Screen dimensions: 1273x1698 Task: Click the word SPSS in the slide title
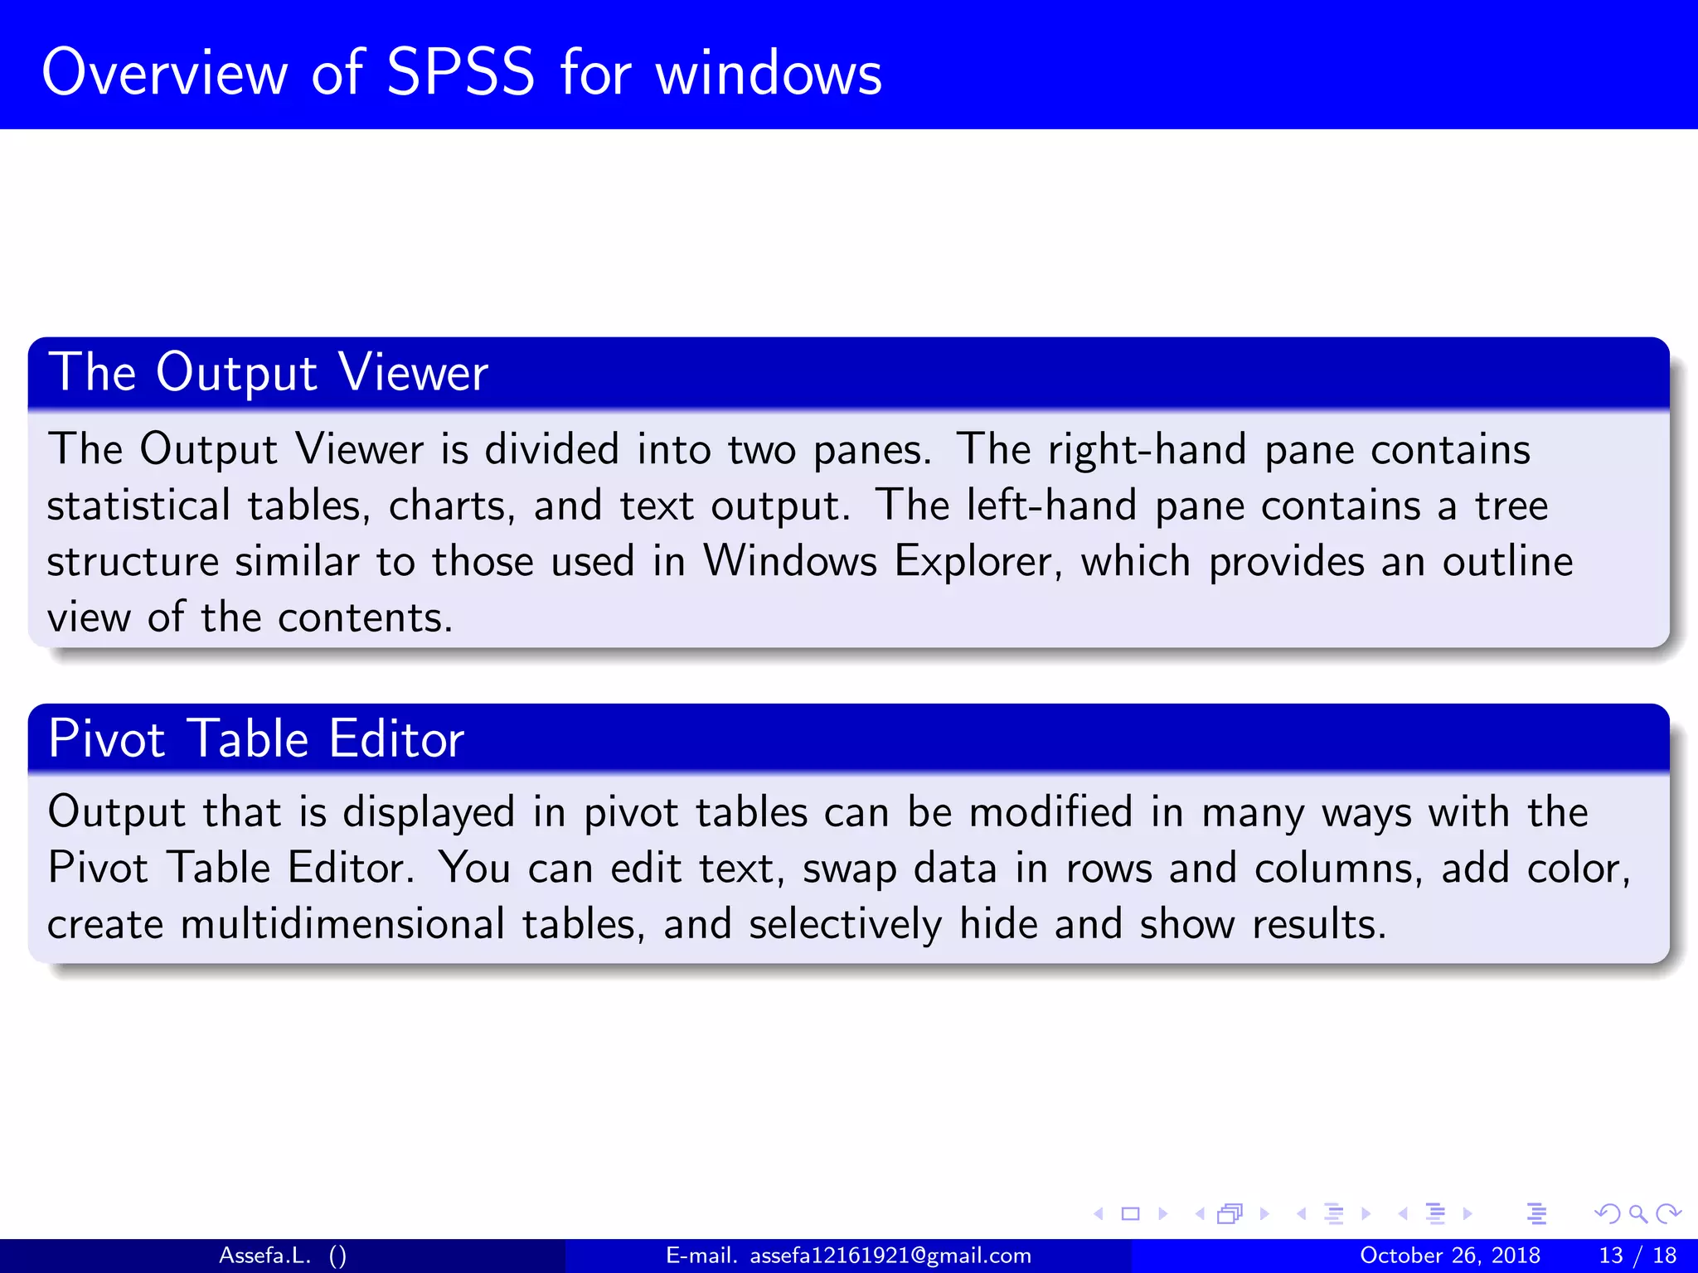[x=460, y=73]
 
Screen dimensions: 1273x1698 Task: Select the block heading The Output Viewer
[x=268, y=372]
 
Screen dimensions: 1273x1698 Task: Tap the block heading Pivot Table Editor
[x=255, y=738]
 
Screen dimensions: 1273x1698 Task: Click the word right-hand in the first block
[x=1147, y=450]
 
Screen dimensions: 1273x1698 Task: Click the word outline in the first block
[x=1507, y=562]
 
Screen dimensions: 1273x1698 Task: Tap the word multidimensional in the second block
[x=342, y=924]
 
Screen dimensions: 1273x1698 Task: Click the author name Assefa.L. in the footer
[x=264, y=1256]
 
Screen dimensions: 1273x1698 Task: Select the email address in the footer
[x=890, y=1256]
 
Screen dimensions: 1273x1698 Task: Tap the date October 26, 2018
[x=1450, y=1256]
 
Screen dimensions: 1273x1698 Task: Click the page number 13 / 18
[x=1637, y=1256]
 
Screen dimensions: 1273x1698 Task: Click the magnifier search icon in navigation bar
[x=1637, y=1214]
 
